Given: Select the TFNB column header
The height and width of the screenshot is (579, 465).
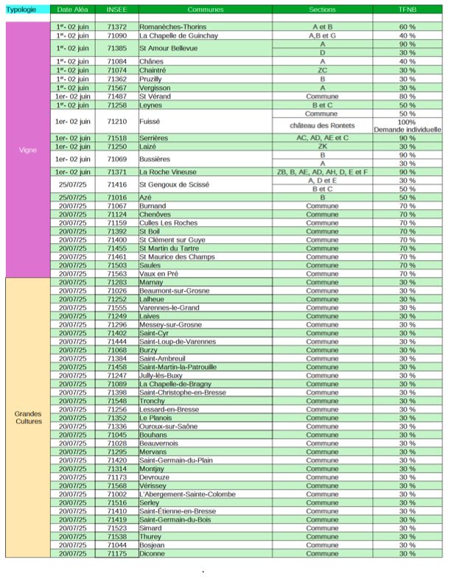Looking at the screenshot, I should pos(408,10).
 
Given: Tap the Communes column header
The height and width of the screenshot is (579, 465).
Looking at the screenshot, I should pos(205,10).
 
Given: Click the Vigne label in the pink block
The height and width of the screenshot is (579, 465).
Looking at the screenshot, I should pos(27,150).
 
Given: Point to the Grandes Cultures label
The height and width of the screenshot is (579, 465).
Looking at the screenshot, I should pos(28,418).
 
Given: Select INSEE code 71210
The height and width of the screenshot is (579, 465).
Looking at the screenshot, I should pos(116,122).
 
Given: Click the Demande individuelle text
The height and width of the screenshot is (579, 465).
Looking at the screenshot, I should pos(408,130).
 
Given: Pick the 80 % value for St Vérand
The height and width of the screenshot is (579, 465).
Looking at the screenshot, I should pos(408,96).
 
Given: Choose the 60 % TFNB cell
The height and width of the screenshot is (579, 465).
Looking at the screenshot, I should pos(408,27).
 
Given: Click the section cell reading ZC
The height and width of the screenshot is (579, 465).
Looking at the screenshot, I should pos(322,70).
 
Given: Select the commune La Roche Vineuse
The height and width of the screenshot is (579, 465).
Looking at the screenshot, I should pos(168,172).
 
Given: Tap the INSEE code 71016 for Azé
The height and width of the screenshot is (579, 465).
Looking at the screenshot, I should pos(116,197).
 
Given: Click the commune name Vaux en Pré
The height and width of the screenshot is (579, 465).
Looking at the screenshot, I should pos(158,273).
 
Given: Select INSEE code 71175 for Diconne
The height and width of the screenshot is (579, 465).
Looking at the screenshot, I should pos(116,553).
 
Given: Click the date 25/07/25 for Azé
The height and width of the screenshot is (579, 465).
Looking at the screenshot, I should pos(74,197).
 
